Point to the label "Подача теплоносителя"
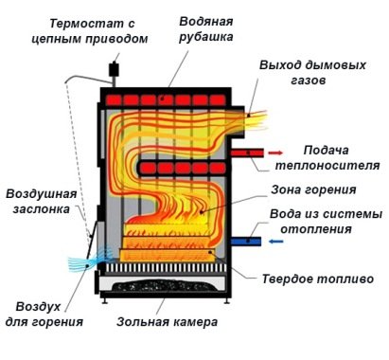click(x=334, y=157)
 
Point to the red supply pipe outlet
click(x=249, y=152)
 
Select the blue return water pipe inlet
click(x=249, y=243)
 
